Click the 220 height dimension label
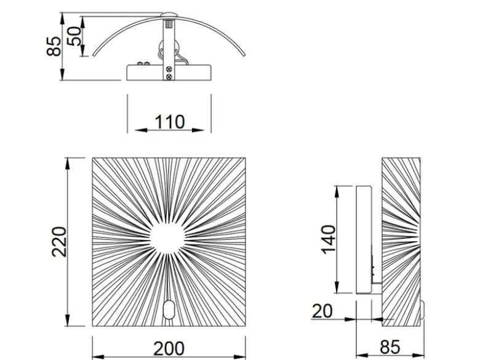click(59, 242)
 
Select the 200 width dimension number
click(169, 348)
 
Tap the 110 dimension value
click(170, 122)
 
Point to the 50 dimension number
click(74, 36)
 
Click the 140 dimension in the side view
click(329, 239)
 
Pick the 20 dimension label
click(322, 311)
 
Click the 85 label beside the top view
click(54, 46)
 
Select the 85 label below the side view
click(390, 348)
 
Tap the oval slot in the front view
click(169, 310)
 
